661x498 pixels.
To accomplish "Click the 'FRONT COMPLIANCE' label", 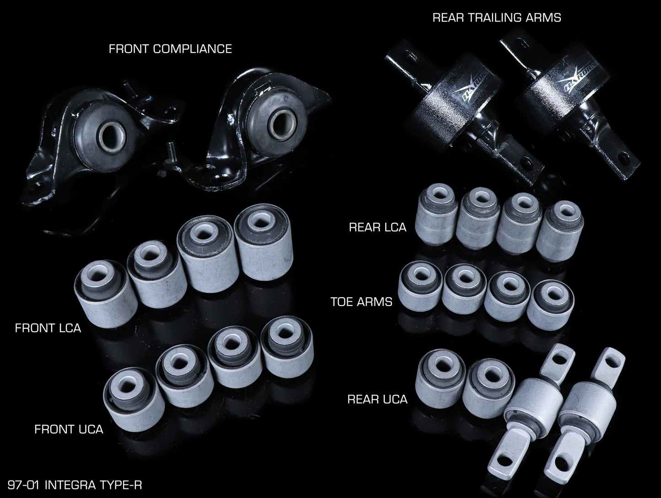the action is click(x=171, y=49).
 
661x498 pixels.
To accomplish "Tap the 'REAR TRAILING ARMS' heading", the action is click(x=497, y=18).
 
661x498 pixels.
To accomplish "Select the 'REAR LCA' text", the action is click(x=378, y=227).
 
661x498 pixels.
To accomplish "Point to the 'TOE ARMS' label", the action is click(x=361, y=301).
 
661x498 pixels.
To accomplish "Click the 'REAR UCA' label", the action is click(x=377, y=399).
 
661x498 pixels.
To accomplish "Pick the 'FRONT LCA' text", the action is click(x=48, y=328).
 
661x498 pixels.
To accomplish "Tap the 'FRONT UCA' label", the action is click(x=69, y=429).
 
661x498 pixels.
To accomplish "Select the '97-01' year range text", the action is click(x=23, y=485).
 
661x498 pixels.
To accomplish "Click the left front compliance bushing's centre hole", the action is click(x=112, y=138).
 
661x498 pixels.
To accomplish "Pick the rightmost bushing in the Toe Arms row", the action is click(x=550, y=305).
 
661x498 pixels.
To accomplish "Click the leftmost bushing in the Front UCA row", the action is click(x=134, y=399).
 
